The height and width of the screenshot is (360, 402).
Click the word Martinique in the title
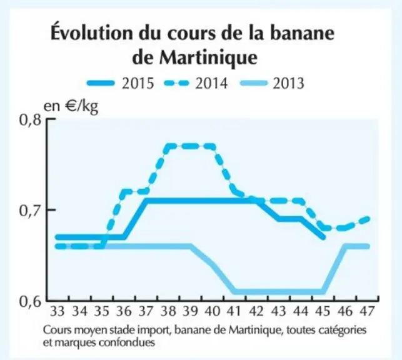(x=208, y=58)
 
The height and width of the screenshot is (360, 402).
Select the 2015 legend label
(x=138, y=84)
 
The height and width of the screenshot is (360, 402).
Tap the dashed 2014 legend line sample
(x=176, y=83)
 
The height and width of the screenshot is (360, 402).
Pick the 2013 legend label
(x=288, y=84)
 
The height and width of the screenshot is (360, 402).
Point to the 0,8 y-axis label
(x=30, y=120)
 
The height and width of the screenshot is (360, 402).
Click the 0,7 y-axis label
(x=30, y=211)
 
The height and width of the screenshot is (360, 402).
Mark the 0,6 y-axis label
(x=30, y=302)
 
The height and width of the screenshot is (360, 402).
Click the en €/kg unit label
(x=71, y=106)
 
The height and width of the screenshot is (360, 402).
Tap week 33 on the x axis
(x=57, y=311)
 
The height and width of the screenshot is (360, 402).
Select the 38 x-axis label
(x=168, y=311)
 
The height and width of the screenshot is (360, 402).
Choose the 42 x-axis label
(x=257, y=311)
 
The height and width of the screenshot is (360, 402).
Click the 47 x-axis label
(x=368, y=311)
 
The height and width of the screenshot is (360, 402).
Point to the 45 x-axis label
(x=323, y=311)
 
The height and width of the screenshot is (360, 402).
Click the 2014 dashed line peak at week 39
(x=191, y=146)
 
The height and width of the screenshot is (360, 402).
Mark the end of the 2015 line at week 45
(x=324, y=237)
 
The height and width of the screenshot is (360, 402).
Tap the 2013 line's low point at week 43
(x=279, y=292)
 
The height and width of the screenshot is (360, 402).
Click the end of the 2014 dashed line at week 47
(x=368, y=219)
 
